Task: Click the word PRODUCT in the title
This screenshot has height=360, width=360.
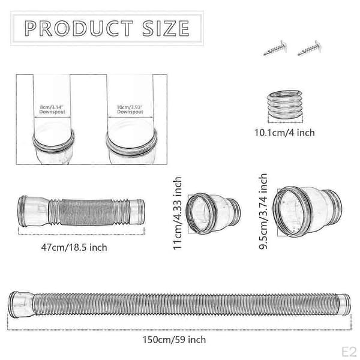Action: (79, 28)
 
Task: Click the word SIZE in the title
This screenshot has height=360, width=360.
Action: (166, 28)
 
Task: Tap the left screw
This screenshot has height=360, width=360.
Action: (275, 49)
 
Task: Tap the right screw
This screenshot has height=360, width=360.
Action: (309, 48)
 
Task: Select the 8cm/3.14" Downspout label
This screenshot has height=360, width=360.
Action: (52, 110)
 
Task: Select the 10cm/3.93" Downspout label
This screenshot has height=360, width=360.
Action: (130, 110)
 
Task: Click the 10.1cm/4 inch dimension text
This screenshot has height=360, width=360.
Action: (284, 133)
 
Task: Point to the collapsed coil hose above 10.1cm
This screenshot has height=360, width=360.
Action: (285, 104)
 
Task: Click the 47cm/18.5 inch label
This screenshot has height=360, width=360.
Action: (74, 247)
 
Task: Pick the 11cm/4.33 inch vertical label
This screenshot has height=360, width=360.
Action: (178, 213)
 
